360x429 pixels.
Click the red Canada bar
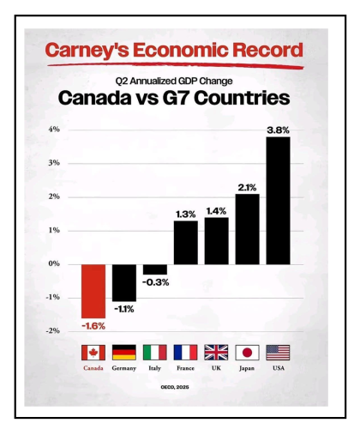pos(93,291)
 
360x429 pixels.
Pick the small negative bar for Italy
pos(154,269)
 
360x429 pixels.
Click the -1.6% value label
pos(93,326)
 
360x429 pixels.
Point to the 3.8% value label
pos(278,130)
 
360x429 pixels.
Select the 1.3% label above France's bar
pos(185,214)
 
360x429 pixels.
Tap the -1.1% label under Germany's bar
pos(123,309)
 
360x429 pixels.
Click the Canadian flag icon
pos(93,353)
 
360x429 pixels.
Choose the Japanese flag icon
pos(247,353)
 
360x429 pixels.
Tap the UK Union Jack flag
pos(216,353)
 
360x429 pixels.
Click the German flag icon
pos(123,353)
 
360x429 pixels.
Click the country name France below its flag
pos(185,370)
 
